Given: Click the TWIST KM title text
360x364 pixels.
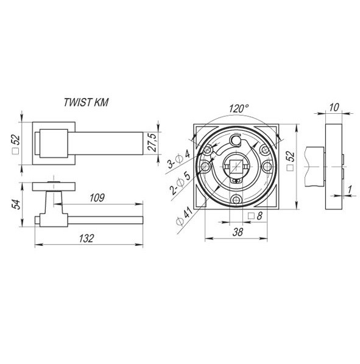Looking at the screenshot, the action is [x=86, y=102].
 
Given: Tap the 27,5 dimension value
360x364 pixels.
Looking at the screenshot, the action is [x=153, y=142].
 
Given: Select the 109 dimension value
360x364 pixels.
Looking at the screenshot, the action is [x=97, y=198].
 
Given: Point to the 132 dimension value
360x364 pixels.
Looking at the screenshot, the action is [x=86, y=239].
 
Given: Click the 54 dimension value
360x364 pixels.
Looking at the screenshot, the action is [x=16, y=205].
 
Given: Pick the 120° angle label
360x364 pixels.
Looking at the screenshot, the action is [x=239, y=108].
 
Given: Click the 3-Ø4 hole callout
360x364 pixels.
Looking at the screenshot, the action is [x=179, y=159].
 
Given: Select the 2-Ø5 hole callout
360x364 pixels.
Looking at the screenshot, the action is [x=180, y=183].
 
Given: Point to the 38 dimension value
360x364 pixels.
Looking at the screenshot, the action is [x=238, y=232].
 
